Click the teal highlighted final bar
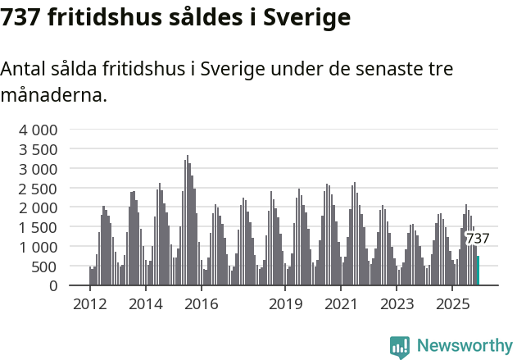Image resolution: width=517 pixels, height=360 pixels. coord(478,271)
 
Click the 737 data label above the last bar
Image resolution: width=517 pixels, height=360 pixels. coord(477,239)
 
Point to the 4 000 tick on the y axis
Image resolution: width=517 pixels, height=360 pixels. coord(39,130)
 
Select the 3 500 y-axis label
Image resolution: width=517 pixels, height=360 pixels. coord(39,149)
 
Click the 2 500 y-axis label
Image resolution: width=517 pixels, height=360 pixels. coord(39,189)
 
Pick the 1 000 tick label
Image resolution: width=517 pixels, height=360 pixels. coord(39,247)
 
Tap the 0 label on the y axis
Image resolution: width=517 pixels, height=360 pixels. coord(52,286)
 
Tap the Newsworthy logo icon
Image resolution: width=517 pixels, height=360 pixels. coord(400,347)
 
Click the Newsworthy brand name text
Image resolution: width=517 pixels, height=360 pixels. coord(464,346)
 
